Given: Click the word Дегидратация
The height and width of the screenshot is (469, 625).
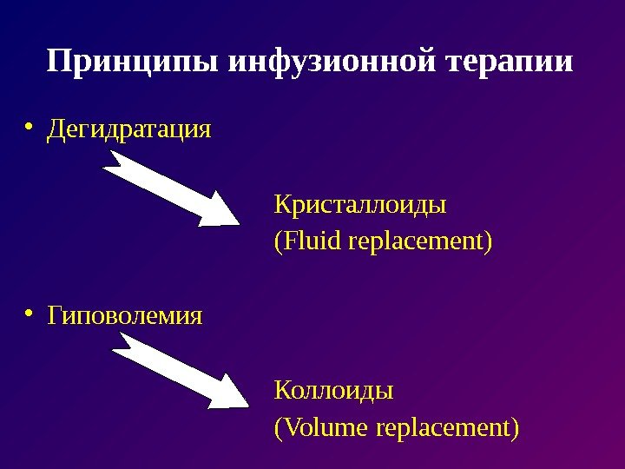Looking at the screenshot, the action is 129,130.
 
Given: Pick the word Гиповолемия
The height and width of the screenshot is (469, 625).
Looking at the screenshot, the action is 125,314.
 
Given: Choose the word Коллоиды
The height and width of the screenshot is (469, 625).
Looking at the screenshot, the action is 333,390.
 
